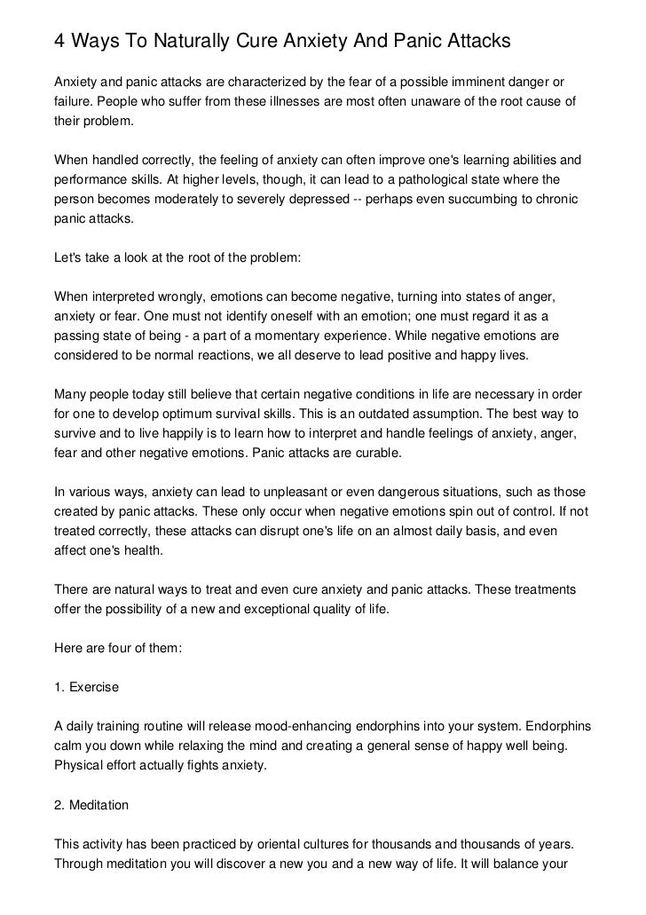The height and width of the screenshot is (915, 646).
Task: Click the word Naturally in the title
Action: [x=189, y=41]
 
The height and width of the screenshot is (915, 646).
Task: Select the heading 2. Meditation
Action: [x=91, y=806]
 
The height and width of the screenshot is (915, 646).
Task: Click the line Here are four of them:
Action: [x=118, y=648]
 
